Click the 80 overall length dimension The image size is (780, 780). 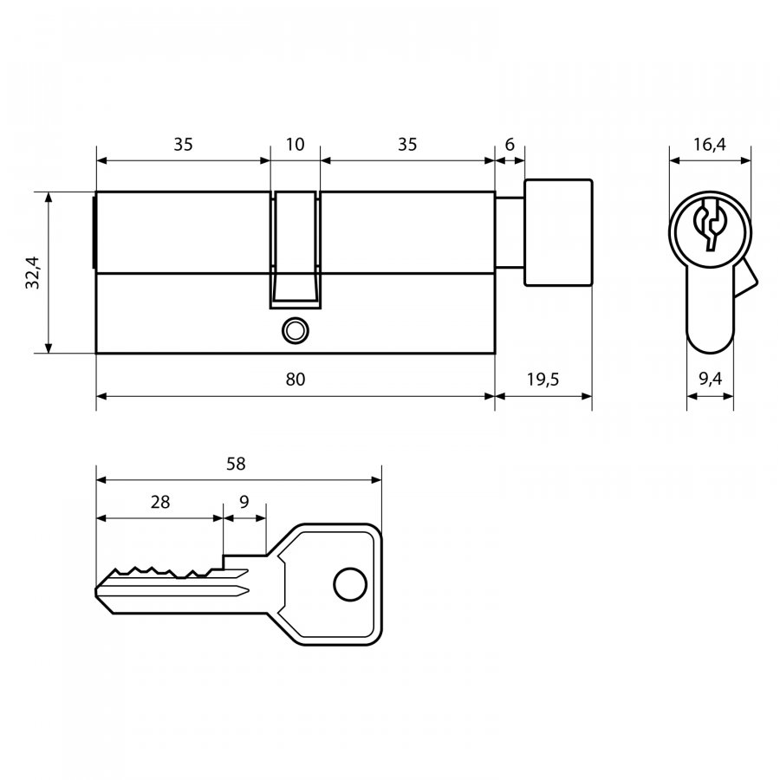(295, 380)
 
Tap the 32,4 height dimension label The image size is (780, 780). (33, 272)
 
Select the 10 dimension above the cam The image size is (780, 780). (295, 144)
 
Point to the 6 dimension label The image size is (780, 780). (510, 144)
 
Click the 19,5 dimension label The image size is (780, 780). (543, 380)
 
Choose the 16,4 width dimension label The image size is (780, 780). (710, 144)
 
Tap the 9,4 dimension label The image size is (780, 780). (710, 379)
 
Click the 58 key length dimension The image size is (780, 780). (236, 464)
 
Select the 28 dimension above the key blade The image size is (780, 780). (160, 502)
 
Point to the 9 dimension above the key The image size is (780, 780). (244, 502)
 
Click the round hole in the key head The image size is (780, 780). (350, 584)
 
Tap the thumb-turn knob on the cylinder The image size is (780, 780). (558, 232)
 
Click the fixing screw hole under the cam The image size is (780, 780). (295, 331)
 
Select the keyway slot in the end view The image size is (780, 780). (710, 224)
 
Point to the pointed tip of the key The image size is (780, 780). (96, 592)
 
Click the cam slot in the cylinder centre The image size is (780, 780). (295, 250)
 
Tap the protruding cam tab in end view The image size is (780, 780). (744, 278)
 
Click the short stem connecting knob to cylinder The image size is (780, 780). (510, 233)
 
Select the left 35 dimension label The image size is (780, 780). (183, 144)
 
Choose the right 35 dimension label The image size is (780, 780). (407, 144)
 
